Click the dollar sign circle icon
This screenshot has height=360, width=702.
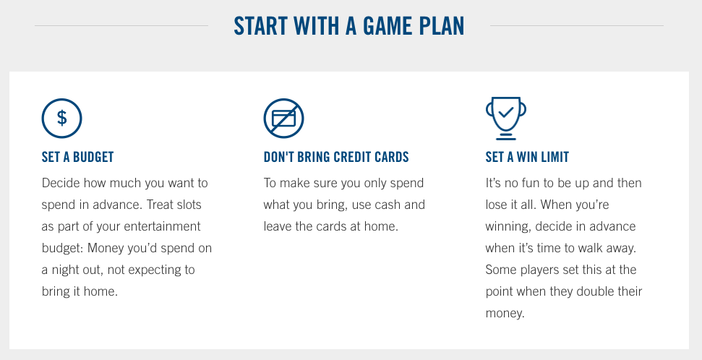(61, 119)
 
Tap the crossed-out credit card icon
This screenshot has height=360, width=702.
(284, 119)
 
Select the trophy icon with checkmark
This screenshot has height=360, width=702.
(506, 119)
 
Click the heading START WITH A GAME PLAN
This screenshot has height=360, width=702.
(349, 26)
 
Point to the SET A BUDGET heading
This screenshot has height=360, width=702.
(78, 157)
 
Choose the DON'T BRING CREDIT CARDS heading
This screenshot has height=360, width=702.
(336, 157)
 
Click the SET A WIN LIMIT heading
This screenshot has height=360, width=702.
(527, 157)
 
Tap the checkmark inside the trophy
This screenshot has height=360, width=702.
(506, 112)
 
